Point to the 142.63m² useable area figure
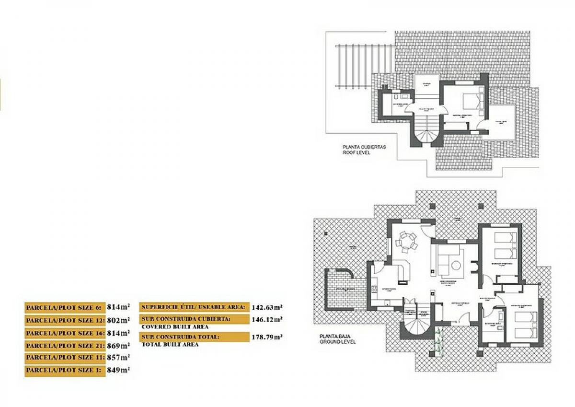point(267,307)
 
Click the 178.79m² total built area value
point(267,337)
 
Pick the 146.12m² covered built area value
point(267,319)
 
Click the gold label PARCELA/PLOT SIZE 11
point(65,358)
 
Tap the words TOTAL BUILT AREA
point(170,345)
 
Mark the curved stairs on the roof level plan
point(425,133)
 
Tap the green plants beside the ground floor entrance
point(438,340)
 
